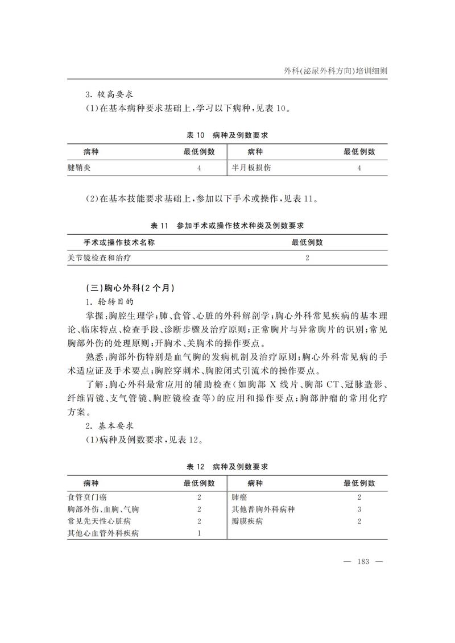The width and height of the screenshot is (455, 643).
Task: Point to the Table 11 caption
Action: tap(227, 226)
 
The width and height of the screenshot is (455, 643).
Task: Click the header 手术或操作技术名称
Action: tap(119, 242)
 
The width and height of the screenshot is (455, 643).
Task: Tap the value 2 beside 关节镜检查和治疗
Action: tap(307, 258)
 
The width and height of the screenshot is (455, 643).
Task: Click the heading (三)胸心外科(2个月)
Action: tap(126, 288)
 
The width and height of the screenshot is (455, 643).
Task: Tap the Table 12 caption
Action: tap(227, 467)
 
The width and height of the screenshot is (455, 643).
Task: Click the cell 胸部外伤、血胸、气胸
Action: tap(104, 509)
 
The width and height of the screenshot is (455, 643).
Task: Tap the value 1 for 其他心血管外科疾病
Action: tap(199, 533)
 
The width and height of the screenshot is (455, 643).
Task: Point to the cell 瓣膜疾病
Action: tap(247, 521)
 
